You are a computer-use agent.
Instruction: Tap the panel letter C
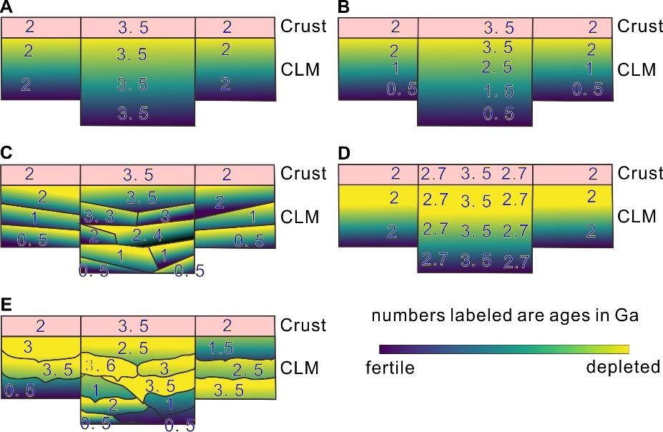point(6,152)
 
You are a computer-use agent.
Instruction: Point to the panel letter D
point(343,152)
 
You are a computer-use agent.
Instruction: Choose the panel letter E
point(6,303)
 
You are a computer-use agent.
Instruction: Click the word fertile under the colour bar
point(390,368)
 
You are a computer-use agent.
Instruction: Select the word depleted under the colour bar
point(622,367)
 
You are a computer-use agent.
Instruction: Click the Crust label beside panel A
point(303,26)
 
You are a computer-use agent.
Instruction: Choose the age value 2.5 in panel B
point(497,67)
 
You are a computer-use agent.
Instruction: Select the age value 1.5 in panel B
point(497,91)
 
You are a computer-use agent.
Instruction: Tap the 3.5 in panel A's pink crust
point(137,28)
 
